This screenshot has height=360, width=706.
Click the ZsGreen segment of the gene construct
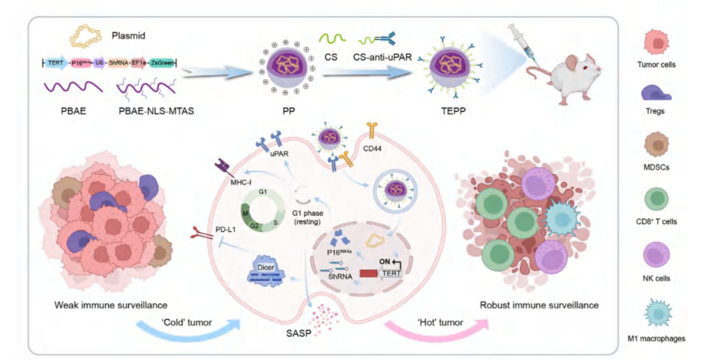coord(162,63)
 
